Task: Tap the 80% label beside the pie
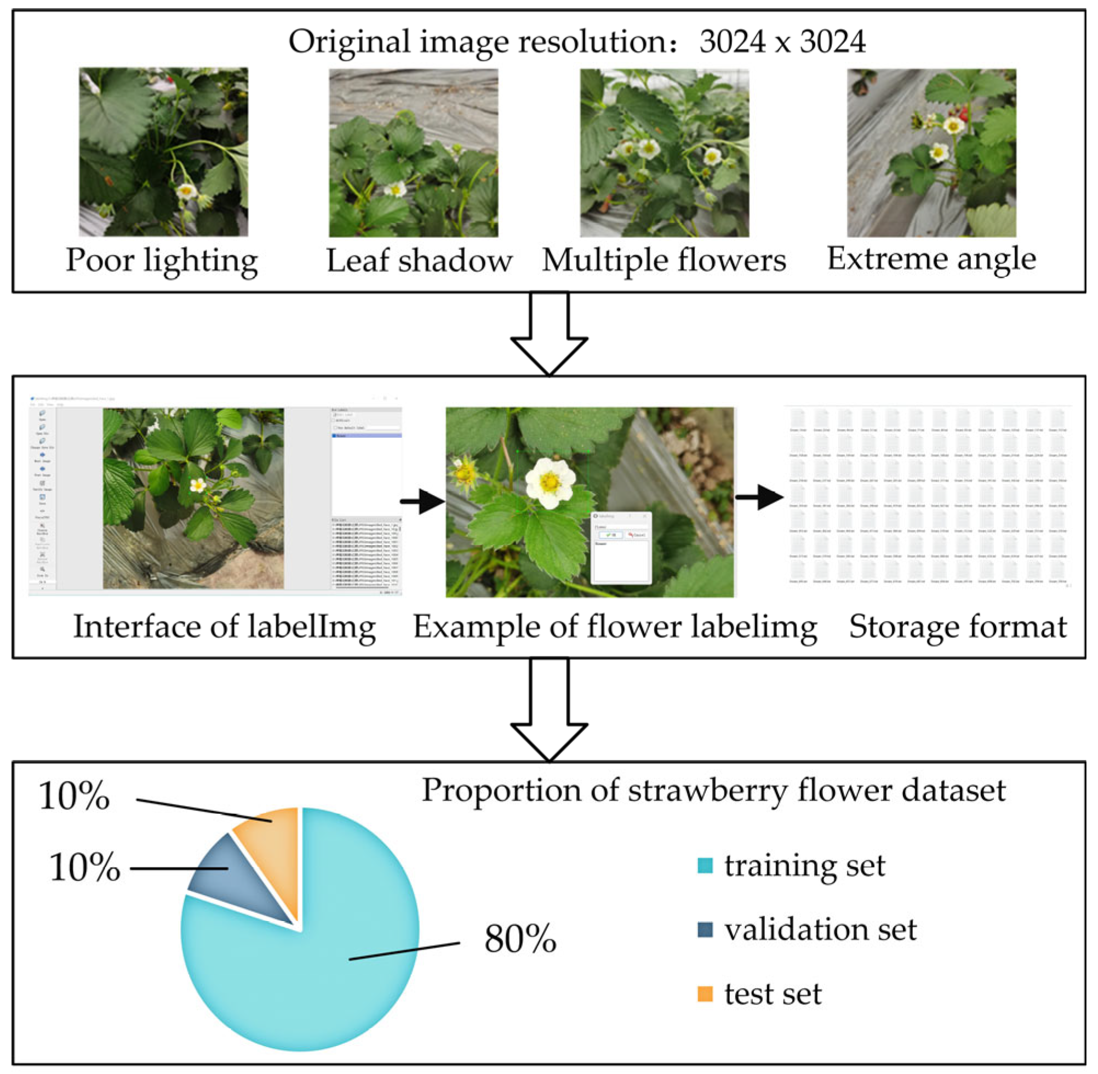[519, 939]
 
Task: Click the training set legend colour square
[705, 865]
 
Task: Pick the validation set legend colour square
[705, 929]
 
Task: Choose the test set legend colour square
[705, 993]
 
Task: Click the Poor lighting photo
[163, 152]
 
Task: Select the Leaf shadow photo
[413, 152]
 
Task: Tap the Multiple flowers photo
[664, 152]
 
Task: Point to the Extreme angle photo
[931, 152]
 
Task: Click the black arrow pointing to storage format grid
[759, 497]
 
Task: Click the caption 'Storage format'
[958, 627]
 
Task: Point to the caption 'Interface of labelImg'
[225, 627]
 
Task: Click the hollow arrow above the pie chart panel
[548, 711]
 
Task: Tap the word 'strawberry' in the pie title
[707, 790]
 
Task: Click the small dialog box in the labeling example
[621, 547]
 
